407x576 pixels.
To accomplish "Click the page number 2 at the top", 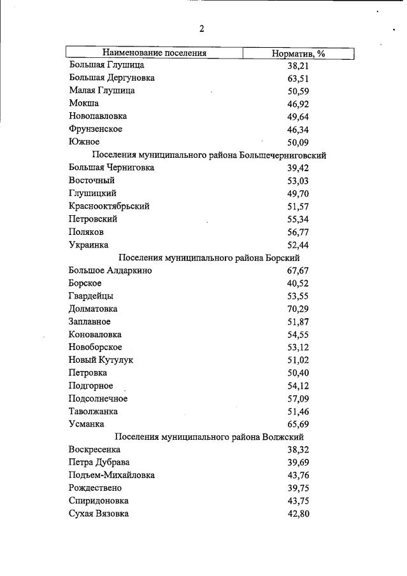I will click(x=201, y=28).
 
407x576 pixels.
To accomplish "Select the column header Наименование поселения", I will click(x=155, y=53).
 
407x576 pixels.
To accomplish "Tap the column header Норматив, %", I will click(x=298, y=53).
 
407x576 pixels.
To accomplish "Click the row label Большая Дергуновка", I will click(x=111, y=78).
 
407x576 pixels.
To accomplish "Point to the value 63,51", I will click(x=298, y=78).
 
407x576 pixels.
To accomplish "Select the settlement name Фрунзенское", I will click(x=96, y=129).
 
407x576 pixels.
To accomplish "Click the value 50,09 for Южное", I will click(x=298, y=142).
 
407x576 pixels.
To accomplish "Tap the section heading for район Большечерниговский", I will click(x=209, y=155).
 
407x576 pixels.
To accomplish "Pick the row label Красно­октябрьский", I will click(x=109, y=206).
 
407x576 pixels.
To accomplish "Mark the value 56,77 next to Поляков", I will click(x=298, y=232).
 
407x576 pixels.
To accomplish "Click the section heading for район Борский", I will click(x=209, y=258).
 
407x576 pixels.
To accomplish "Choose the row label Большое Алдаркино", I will click(x=110, y=270).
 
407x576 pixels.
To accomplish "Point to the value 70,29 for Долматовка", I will click(x=298, y=309).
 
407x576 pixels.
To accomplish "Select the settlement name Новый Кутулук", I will click(x=101, y=360).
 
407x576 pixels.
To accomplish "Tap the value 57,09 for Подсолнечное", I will click(x=298, y=398).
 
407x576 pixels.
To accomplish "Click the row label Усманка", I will click(x=87, y=424).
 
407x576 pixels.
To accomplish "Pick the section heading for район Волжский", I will click(x=209, y=437).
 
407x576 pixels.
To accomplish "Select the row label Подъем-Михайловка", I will click(x=111, y=475).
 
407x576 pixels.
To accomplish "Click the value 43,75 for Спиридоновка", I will click(x=298, y=501).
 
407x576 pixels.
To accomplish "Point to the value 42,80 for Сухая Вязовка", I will click(x=298, y=514).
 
